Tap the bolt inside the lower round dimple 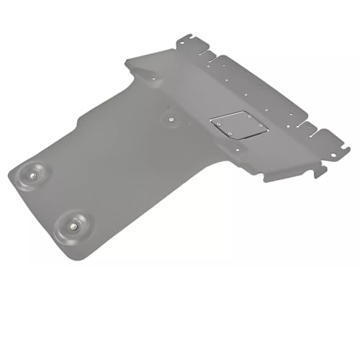click(75, 225)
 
